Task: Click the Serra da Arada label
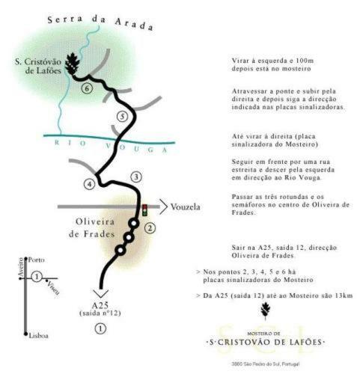point(100,23)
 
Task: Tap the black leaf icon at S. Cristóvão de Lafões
point(72,64)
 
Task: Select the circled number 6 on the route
point(87,88)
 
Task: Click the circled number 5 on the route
point(122,117)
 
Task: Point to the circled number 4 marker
point(89,184)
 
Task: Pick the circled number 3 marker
point(136,177)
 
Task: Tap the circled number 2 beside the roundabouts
point(150,228)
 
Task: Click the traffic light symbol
point(144,210)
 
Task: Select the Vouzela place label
point(186,207)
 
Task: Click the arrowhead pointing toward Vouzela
point(163,206)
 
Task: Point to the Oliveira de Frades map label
point(92,227)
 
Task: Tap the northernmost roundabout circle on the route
point(134,224)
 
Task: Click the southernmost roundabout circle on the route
point(120,250)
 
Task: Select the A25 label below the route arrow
point(100,305)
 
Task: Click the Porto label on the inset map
point(36,260)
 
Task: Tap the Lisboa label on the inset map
point(39,336)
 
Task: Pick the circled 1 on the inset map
point(37,277)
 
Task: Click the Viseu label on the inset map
point(54,288)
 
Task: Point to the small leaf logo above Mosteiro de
point(265,310)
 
